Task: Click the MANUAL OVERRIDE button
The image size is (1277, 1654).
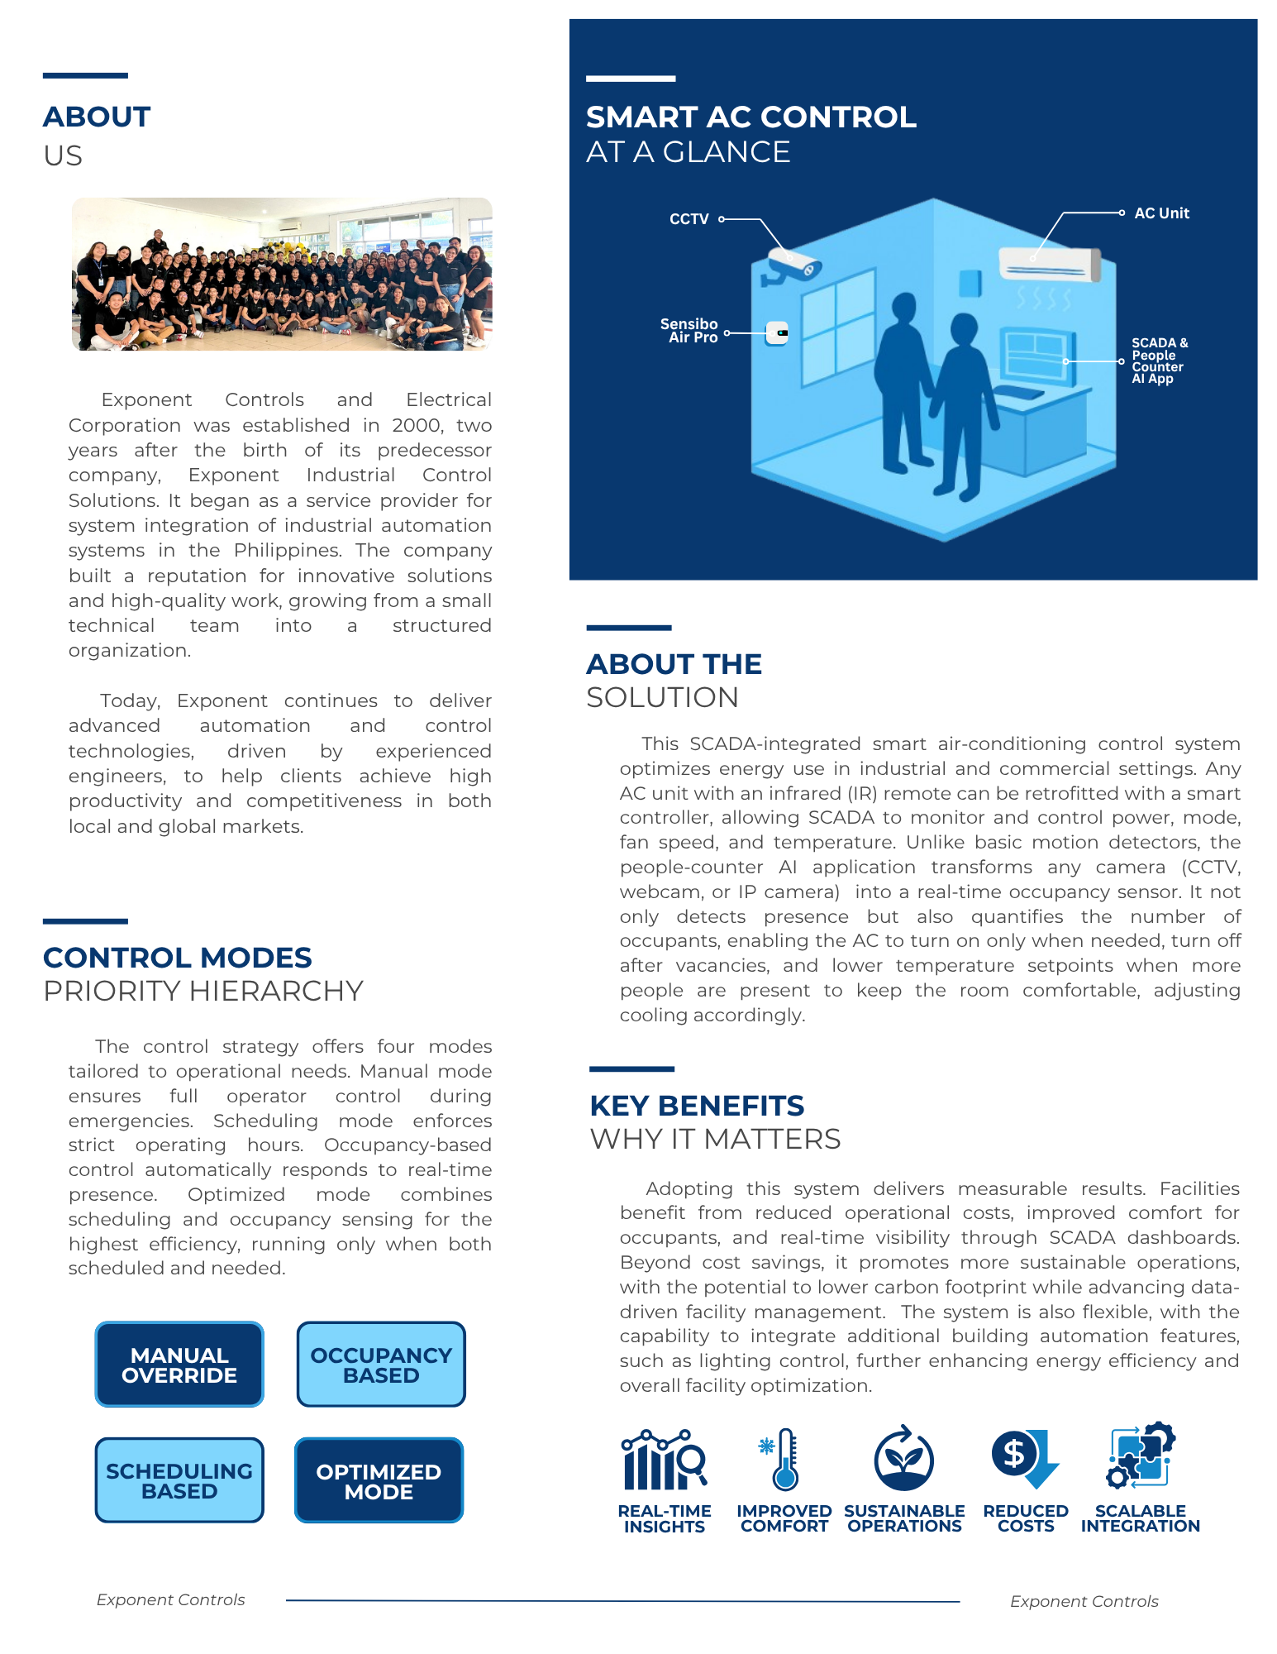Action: (179, 1365)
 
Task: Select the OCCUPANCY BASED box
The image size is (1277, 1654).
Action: (381, 1365)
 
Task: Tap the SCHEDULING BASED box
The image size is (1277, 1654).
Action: (179, 1480)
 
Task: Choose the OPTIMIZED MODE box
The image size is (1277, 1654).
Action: (379, 1481)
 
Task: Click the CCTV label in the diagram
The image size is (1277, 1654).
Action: (689, 219)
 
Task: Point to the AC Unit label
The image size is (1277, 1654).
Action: (1161, 213)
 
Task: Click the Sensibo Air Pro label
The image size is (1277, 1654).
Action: (689, 331)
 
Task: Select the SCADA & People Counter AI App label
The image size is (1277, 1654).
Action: (1159, 361)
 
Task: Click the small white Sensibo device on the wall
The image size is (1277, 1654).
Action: (777, 333)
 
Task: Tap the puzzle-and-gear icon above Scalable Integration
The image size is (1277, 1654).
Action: (1141, 1456)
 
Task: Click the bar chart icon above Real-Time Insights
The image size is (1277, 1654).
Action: (663, 1460)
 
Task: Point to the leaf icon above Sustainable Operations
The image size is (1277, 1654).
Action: (904, 1459)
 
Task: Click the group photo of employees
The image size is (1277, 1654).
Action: (282, 274)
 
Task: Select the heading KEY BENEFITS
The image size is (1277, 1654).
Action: (697, 1106)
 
